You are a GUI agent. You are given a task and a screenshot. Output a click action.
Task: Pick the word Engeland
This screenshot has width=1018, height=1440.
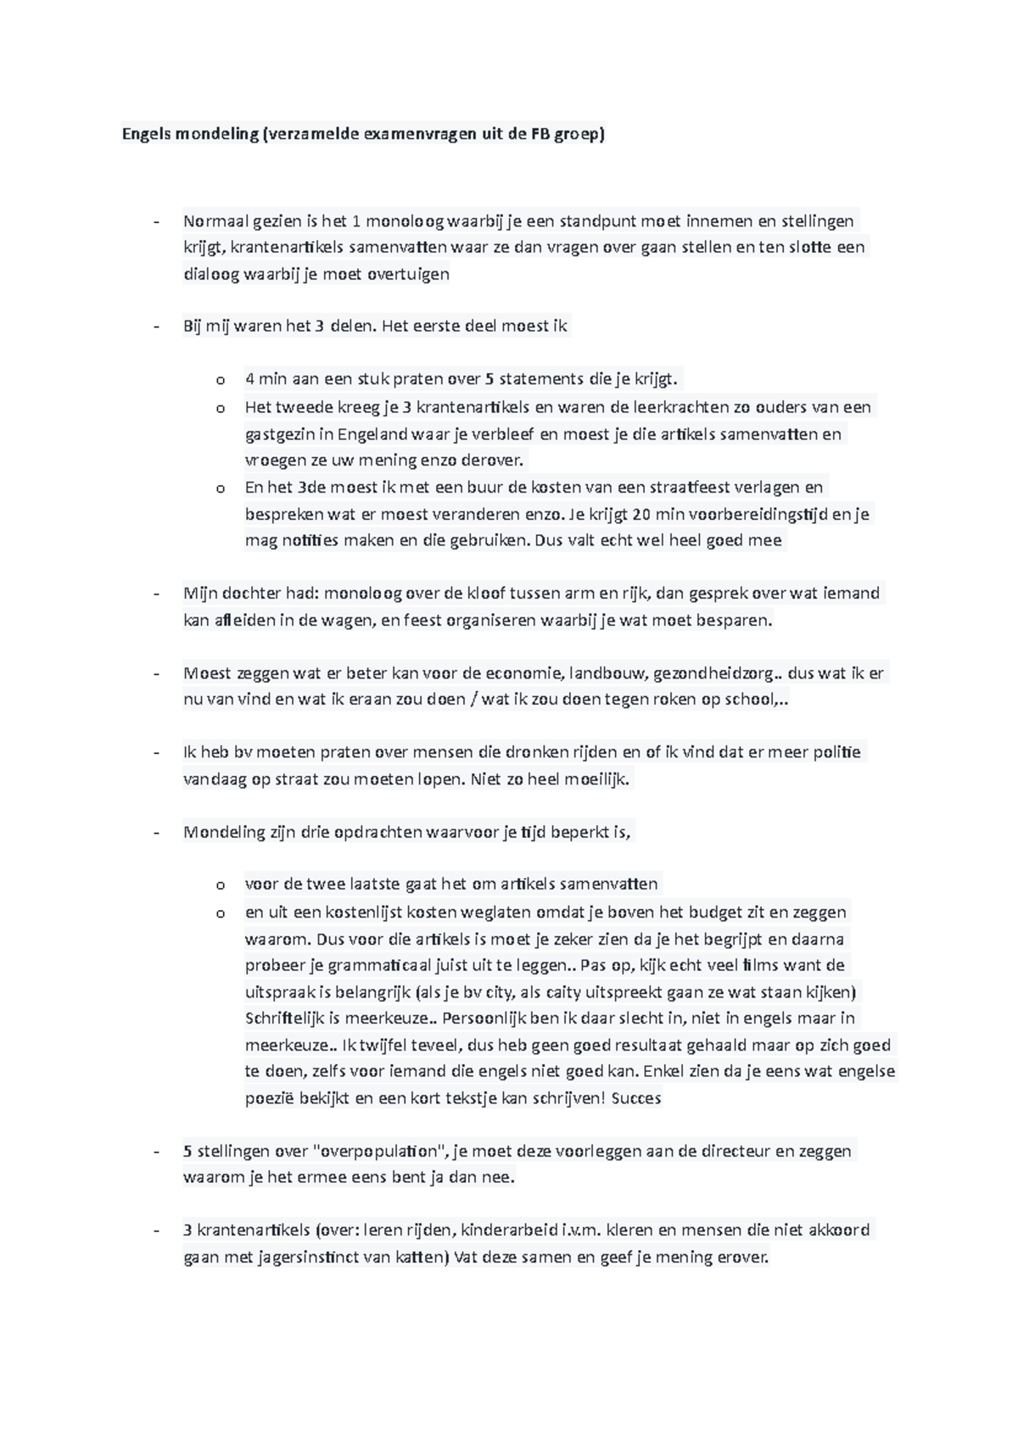(373, 434)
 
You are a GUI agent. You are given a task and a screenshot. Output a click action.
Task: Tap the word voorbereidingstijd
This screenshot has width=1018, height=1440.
(755, 514)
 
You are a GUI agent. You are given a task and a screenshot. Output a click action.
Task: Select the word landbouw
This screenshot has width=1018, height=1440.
(605, 673)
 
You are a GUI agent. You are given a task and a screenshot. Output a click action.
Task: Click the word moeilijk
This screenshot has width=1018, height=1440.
(599, 779)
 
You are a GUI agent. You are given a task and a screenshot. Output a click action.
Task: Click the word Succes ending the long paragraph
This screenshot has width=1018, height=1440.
(635, 1098)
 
